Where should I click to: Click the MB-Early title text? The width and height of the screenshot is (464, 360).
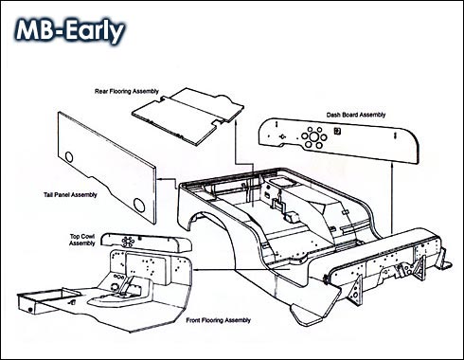70,31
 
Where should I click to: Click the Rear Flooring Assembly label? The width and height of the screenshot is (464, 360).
127,91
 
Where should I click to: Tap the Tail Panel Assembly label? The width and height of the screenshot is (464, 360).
70,195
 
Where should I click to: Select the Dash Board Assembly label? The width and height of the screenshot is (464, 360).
356,115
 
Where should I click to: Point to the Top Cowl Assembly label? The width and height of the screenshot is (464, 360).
82,240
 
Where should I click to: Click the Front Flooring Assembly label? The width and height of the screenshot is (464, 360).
218,320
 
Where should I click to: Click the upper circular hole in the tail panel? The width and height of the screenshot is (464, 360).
68,156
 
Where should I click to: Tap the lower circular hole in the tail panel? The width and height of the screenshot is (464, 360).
139,205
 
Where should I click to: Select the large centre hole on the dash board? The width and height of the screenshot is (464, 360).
313,136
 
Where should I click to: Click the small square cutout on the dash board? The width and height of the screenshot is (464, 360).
337,131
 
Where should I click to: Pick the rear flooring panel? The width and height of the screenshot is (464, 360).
187,116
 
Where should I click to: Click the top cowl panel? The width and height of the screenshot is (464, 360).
146,243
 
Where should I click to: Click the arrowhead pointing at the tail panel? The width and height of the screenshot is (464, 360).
159,179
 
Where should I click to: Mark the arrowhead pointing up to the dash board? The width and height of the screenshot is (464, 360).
391,165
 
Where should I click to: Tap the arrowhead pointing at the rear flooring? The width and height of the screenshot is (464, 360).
236,123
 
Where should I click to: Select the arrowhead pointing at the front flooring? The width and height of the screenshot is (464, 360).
196,270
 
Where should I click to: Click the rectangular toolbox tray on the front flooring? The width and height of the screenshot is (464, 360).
47,300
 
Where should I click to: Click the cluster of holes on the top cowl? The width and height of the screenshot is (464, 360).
129,242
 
